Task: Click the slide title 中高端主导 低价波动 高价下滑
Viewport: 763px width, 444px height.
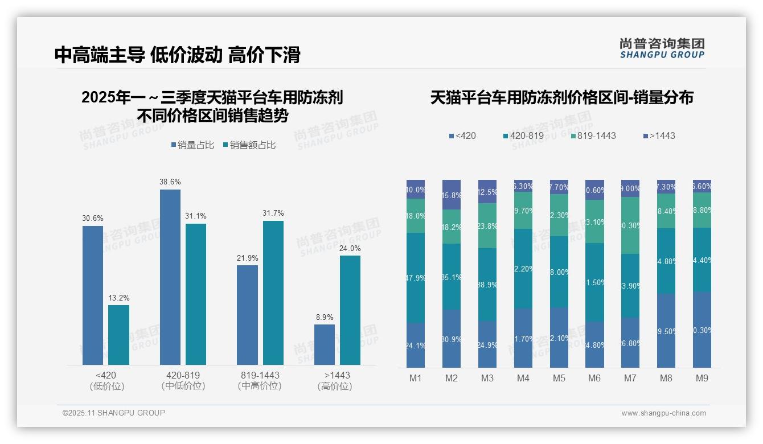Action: pyautogui.click(x=177, y=55)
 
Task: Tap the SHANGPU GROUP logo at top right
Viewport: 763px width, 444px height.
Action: pyautogui.click(x=662, y=48)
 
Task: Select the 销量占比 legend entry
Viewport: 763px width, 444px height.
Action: pyautogui.click(x=192, y=145)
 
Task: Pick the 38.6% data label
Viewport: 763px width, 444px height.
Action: pyautogui.click(x=170, y=182)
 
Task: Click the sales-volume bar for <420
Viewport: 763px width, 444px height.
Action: pyautogui.click(x=93, y=295)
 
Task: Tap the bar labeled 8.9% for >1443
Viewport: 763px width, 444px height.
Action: pyautogui.click(x=325, y=344)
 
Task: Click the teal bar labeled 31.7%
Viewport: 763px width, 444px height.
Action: pyautogui.click(x=273, y=293)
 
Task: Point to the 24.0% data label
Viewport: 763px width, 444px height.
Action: pyautogui.click(x=350, y=248)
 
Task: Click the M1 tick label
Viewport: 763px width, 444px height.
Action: pyautogui.click(x=416, y=379)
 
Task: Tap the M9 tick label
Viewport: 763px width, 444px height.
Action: pyautogui.click(x=702, y=379)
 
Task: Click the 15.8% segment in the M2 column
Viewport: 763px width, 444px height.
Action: pyautogui.click(x=451, y=195)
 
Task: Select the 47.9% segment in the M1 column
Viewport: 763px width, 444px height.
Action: pyautogui.click(x=416, y=278)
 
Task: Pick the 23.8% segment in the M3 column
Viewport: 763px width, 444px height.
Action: pyautogui.click(x=487, y=225)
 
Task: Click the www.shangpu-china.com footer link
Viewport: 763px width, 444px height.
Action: pyautogui.click(x=663, y=413)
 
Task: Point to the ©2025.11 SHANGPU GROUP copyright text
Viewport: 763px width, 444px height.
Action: pyautogui.click(x=114, y=413)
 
